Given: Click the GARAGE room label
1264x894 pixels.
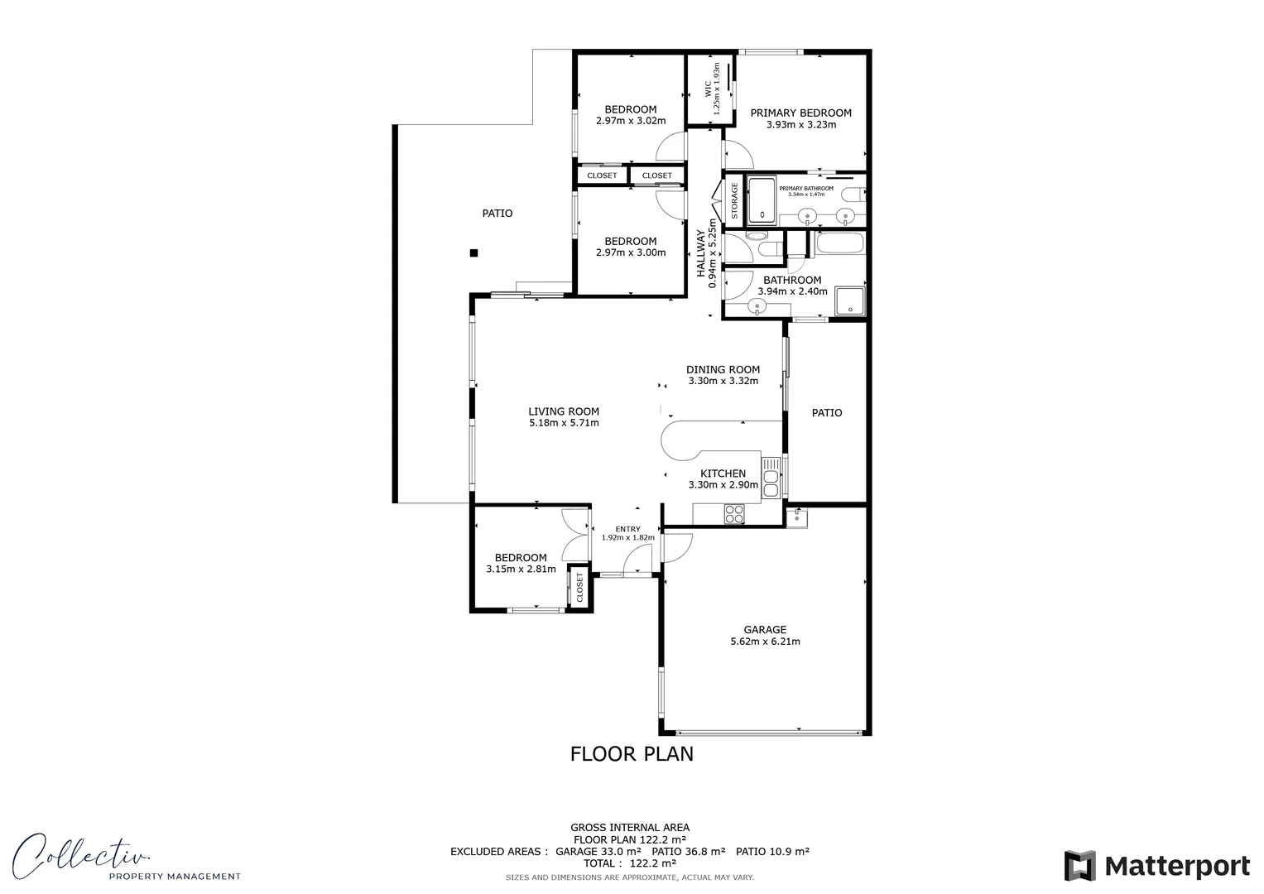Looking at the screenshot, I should (764, 629).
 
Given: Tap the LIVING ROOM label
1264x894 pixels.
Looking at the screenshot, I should (564, 411).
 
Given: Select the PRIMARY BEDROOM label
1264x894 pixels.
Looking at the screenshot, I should (800, 113).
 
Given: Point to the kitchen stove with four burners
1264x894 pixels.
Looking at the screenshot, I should (734, 514).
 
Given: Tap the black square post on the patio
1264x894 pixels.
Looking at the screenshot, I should (473, 253).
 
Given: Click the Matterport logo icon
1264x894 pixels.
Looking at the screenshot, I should (1079, 866).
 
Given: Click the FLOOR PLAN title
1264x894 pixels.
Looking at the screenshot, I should (632, 754).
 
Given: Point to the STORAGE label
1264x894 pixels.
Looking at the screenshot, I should (734, 201).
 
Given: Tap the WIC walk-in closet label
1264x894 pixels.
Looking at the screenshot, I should (708, 89).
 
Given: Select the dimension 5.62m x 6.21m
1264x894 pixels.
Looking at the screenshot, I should (764, 642).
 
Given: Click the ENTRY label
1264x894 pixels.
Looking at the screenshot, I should (627, 529).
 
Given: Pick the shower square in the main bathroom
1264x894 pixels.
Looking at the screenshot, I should (850, 302).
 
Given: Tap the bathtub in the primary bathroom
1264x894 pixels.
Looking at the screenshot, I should (762, 201).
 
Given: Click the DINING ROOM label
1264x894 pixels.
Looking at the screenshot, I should (723, 370).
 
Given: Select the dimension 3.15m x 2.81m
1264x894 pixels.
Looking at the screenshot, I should (521, 570).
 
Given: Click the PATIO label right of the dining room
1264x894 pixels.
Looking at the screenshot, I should (826, 412).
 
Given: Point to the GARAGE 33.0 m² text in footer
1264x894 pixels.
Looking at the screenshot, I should (598, 851).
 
